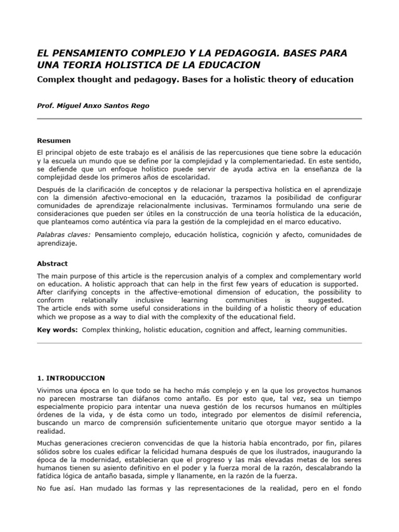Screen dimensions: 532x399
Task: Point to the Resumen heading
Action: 54,140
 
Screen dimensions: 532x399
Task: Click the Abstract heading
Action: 52,263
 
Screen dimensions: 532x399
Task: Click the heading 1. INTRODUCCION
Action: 71,378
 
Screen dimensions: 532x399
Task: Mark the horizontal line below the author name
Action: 199,119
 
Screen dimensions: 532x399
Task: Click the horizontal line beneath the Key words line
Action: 199,343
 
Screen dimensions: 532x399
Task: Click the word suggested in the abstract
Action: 326,300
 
